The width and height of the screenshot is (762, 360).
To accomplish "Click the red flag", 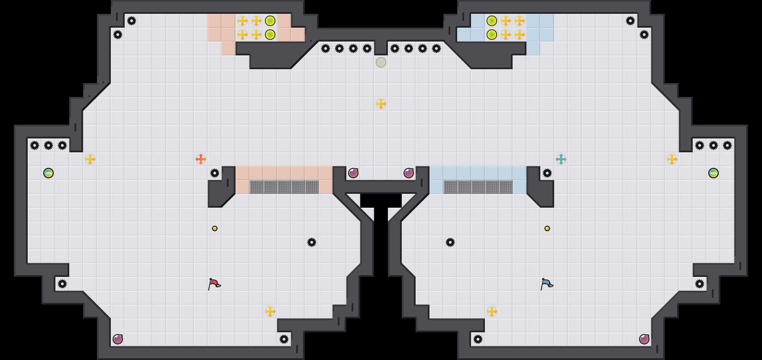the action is coord(214,284).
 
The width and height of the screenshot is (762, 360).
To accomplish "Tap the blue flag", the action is coord(547,284).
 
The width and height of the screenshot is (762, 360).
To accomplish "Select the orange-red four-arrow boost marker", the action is coord(201,159).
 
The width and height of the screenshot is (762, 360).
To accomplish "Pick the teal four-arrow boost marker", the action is coord(561,159).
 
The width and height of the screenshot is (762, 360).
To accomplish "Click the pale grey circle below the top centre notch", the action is coord(381,62).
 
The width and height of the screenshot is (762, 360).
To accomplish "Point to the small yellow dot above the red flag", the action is coord(215,228).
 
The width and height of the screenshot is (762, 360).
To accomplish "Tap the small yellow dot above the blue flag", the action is coord(547,228).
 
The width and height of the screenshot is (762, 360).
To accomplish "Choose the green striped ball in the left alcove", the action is coord(48,173).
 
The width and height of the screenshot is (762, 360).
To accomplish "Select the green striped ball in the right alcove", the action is coord(714,173).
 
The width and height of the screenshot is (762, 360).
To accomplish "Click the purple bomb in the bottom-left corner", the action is coord(118,339).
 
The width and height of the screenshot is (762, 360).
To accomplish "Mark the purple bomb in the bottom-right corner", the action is coord(644,339).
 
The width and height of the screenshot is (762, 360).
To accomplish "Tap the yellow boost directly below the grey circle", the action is coord(381,104).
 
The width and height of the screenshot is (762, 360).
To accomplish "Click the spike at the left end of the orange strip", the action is coord(215,173).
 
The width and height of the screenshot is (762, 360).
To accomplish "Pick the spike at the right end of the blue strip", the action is coord(547,173).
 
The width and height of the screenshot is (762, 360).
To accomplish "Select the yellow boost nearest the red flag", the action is coord(270,312).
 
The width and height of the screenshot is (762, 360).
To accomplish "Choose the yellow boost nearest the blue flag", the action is coord(492,312).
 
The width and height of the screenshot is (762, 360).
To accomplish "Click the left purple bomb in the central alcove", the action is coord(353,173).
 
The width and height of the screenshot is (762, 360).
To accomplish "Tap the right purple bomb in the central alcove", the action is coord(409,173).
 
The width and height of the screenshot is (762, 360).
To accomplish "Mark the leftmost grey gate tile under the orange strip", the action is coord(256,187).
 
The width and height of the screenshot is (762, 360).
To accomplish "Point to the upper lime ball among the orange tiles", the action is coord(270,21).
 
